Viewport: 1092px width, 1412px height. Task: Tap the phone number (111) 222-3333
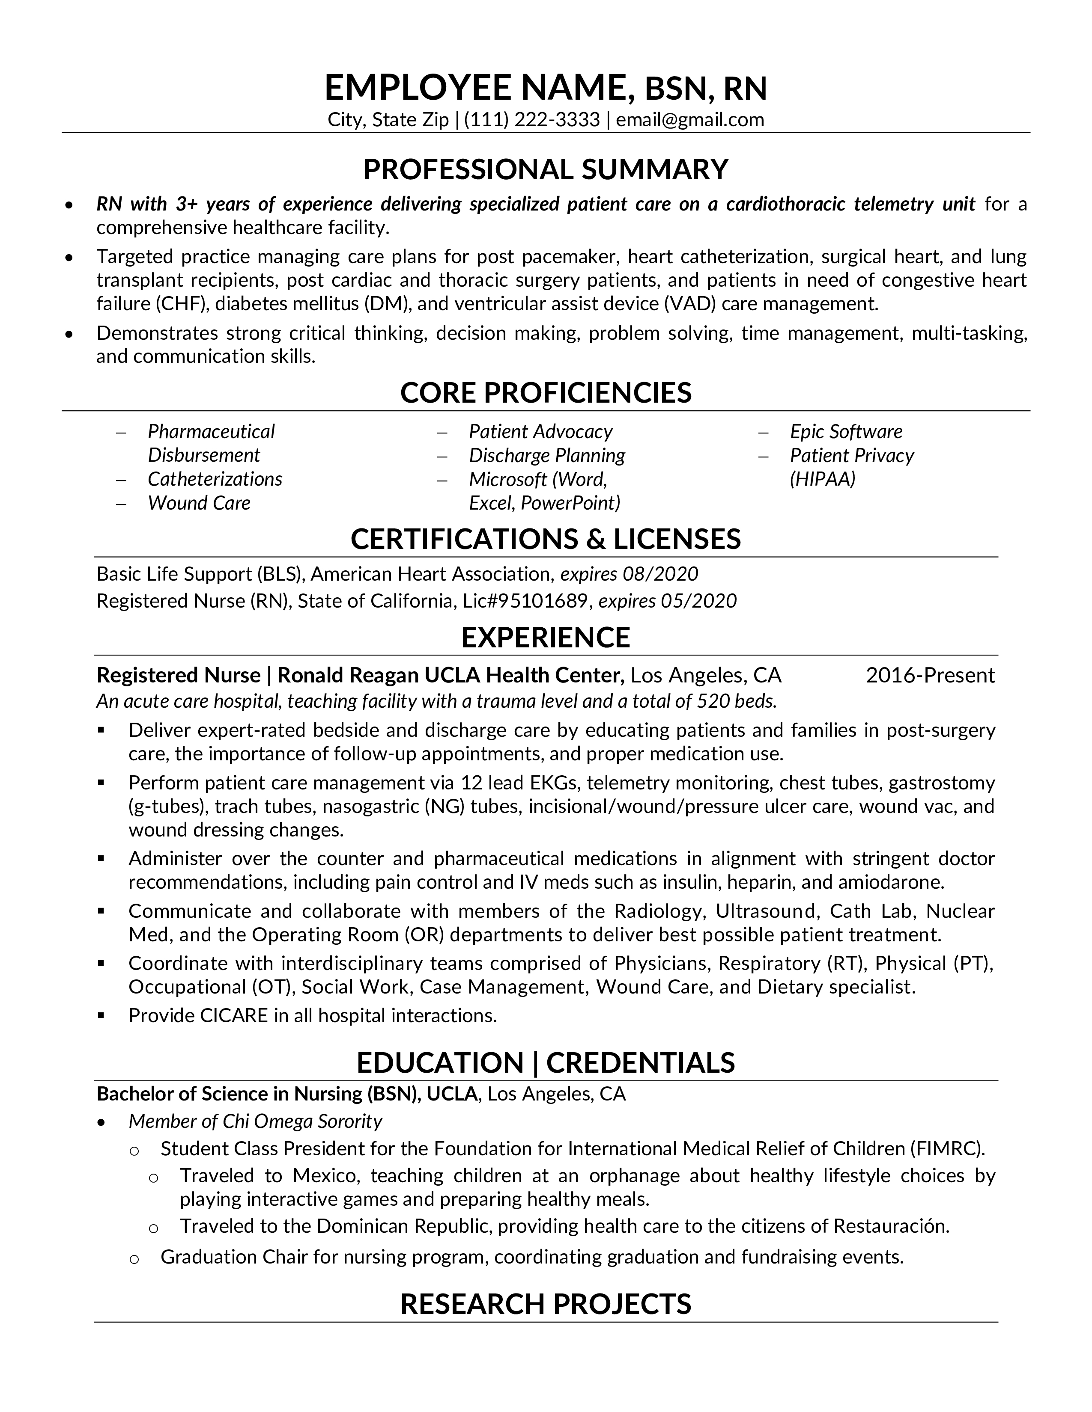pos(532,120)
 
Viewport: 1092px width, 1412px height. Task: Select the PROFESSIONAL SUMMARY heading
pos(545,169)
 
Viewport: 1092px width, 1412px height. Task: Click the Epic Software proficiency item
pos(845,431)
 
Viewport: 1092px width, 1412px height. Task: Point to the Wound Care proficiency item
pos(199,503)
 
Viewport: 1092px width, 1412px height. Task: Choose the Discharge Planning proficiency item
pos(547,455)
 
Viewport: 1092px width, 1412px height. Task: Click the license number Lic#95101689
pos(526,601)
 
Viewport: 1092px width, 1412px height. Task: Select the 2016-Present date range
pos(930,675)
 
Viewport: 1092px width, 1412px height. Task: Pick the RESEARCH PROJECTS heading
pos(545,1304)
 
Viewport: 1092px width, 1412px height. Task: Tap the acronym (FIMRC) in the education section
pos(947,1148)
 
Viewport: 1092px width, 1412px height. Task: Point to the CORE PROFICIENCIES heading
pos(545,392)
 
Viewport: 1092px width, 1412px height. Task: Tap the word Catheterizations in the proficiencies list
pos(215,479)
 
